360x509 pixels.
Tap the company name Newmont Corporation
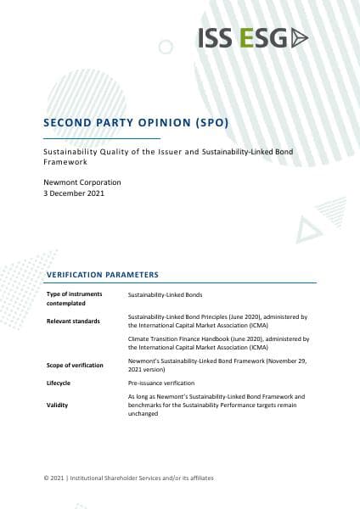[82, 182]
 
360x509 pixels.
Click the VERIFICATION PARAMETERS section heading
[101, 275]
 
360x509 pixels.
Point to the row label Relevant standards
[74, 322]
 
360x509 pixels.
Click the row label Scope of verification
[75, 365]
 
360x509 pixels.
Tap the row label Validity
[57, 406]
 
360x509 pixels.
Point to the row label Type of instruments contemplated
[74, 297]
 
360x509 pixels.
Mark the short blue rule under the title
[102, 137]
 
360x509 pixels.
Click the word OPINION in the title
[164, 122]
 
